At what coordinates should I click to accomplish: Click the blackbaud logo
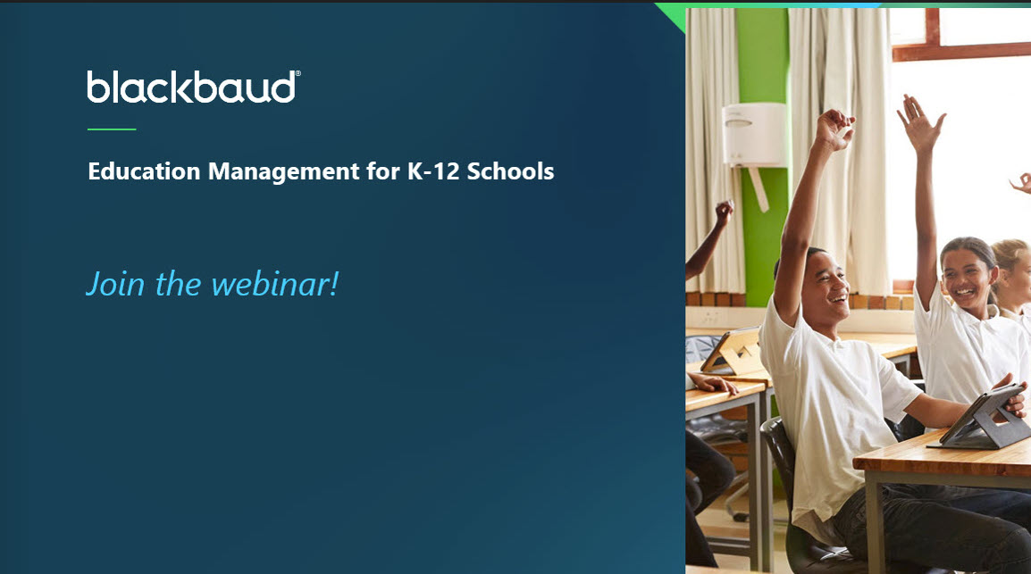coord(193,87)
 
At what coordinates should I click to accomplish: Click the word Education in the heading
coord(144,171)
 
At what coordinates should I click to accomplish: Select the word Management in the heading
coord(284,172)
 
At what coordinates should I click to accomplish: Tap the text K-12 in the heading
coord(433,171)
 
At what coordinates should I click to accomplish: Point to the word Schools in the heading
coord(510,171)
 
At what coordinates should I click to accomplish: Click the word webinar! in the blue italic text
coord(275,284)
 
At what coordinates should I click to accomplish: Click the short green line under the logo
coord(112,129)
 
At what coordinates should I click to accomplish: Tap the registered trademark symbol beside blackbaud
coord(298,73)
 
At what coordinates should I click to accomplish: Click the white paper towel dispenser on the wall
coord(754,134)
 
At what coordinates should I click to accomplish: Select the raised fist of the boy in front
coord(834,128)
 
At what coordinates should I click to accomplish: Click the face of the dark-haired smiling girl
coord(968,275)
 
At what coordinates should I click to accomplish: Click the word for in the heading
coord(383,171)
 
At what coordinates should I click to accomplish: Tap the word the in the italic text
coord(178,284)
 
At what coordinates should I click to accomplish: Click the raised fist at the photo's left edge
coord(724,212)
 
